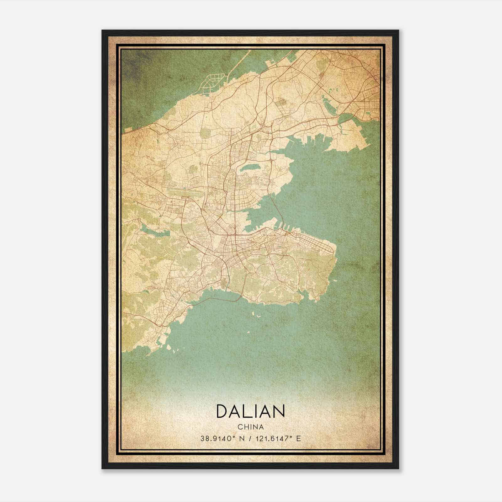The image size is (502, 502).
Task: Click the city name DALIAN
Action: [x=250, y=411]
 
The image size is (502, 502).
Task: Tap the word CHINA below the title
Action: [x=250, y=427]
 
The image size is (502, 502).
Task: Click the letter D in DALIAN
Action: [x=222, y=411]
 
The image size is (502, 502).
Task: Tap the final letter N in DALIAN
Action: [x=279, y=411]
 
